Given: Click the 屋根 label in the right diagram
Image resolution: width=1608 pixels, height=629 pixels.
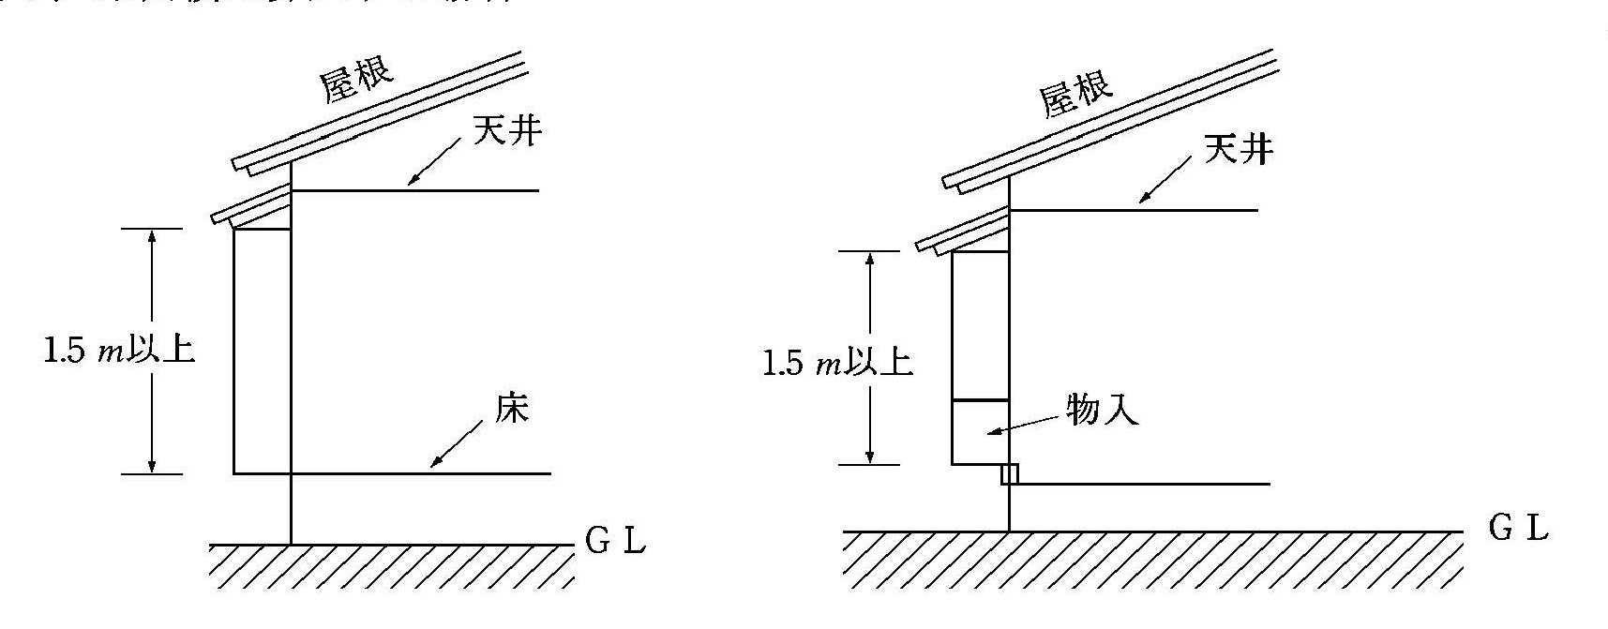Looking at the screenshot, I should click(1076, 92).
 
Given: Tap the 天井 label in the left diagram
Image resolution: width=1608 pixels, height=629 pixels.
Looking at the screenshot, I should click(506, 130).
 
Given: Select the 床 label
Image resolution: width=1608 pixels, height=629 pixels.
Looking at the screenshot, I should click(512, 410).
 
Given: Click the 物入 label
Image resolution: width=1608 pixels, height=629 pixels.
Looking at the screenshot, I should click(1103, 409).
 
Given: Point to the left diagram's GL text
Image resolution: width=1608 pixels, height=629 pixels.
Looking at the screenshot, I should click(615, 542).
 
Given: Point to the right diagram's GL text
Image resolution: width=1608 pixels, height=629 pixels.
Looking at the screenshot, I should click(1518, 529).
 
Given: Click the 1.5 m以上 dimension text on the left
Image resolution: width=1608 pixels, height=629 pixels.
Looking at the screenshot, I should click(118, 351).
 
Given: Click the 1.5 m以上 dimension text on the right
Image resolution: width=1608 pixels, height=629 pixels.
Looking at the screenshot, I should click(837, 363).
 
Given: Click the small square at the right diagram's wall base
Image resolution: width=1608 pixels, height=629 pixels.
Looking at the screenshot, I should click(1009, 474).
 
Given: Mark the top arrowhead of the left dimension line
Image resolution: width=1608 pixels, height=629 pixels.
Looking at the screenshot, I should click(152, 237).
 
